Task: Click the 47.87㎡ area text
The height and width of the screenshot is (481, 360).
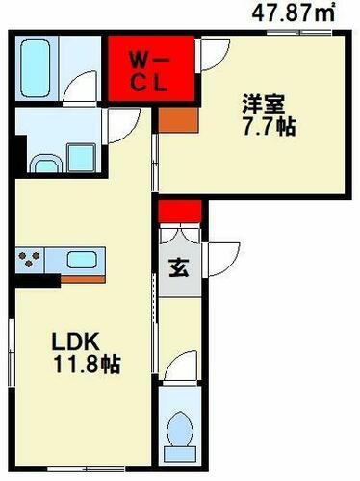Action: [x=294, y=13]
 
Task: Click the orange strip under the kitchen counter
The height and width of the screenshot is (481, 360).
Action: [x=83, y=279]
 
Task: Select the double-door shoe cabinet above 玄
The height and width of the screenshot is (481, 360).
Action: [x=180, y=237]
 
